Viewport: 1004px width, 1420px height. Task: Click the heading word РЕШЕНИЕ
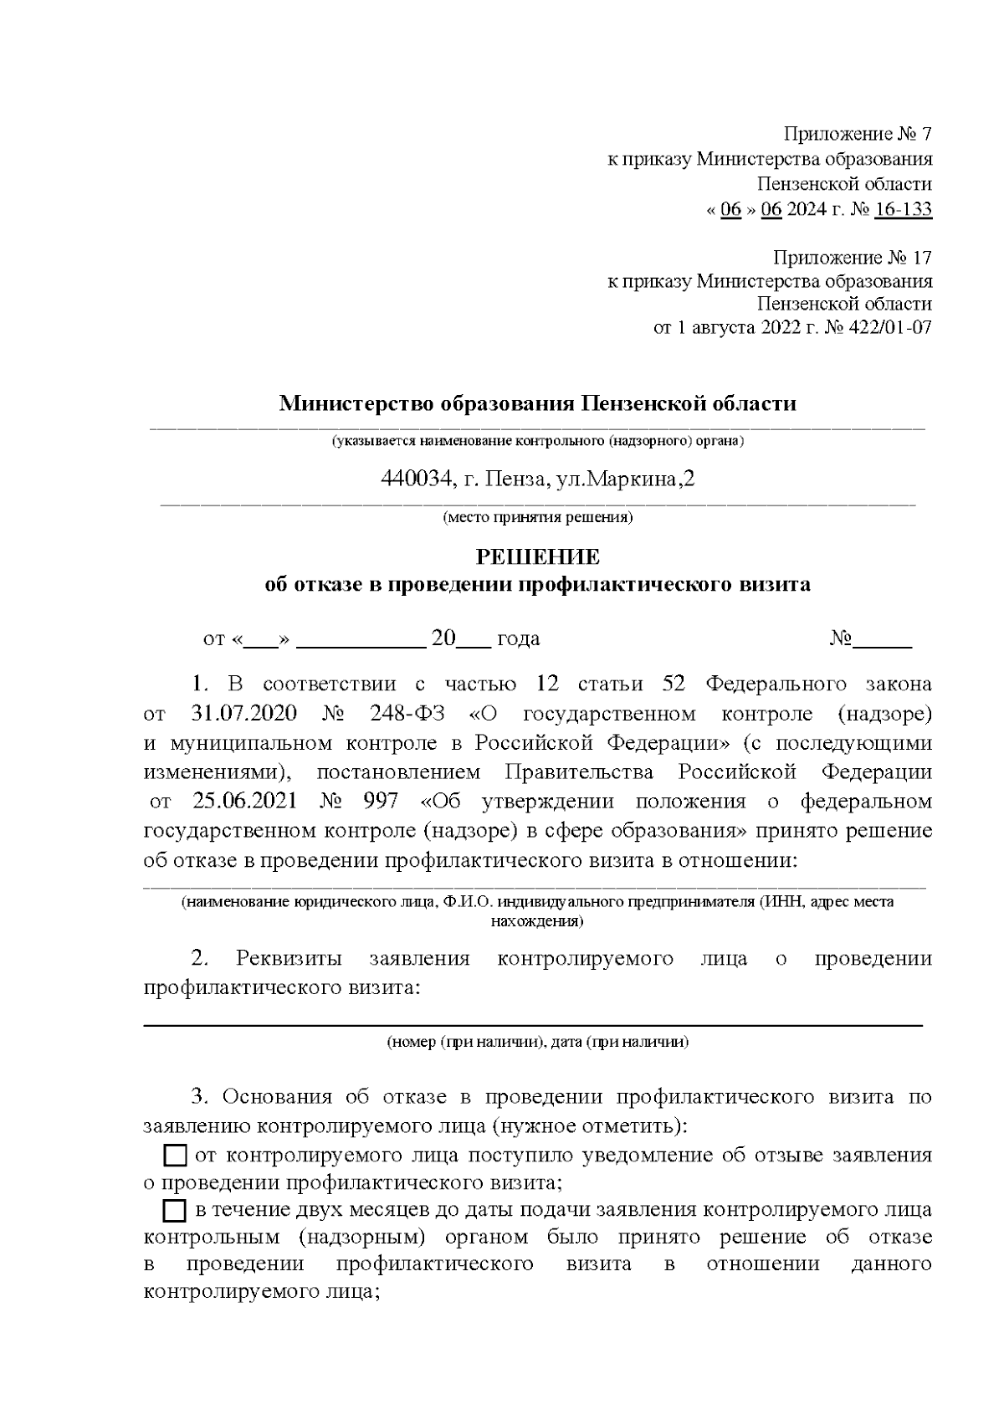pos(537,557)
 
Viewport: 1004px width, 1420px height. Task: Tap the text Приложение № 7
pos(857,135)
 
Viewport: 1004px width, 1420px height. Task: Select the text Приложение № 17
pos(852,257)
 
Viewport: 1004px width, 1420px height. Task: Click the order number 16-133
pos(902,209)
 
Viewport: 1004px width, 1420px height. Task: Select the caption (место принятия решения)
pos(537,517)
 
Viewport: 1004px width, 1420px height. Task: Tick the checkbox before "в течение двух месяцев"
pos(174,1211)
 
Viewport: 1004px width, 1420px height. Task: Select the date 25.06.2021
pos(244,801)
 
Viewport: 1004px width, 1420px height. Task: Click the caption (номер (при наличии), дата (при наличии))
pos(537,1043)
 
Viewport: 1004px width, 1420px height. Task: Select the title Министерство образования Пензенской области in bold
pos(537,404)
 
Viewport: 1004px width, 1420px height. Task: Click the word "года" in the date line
pos(518,639)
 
